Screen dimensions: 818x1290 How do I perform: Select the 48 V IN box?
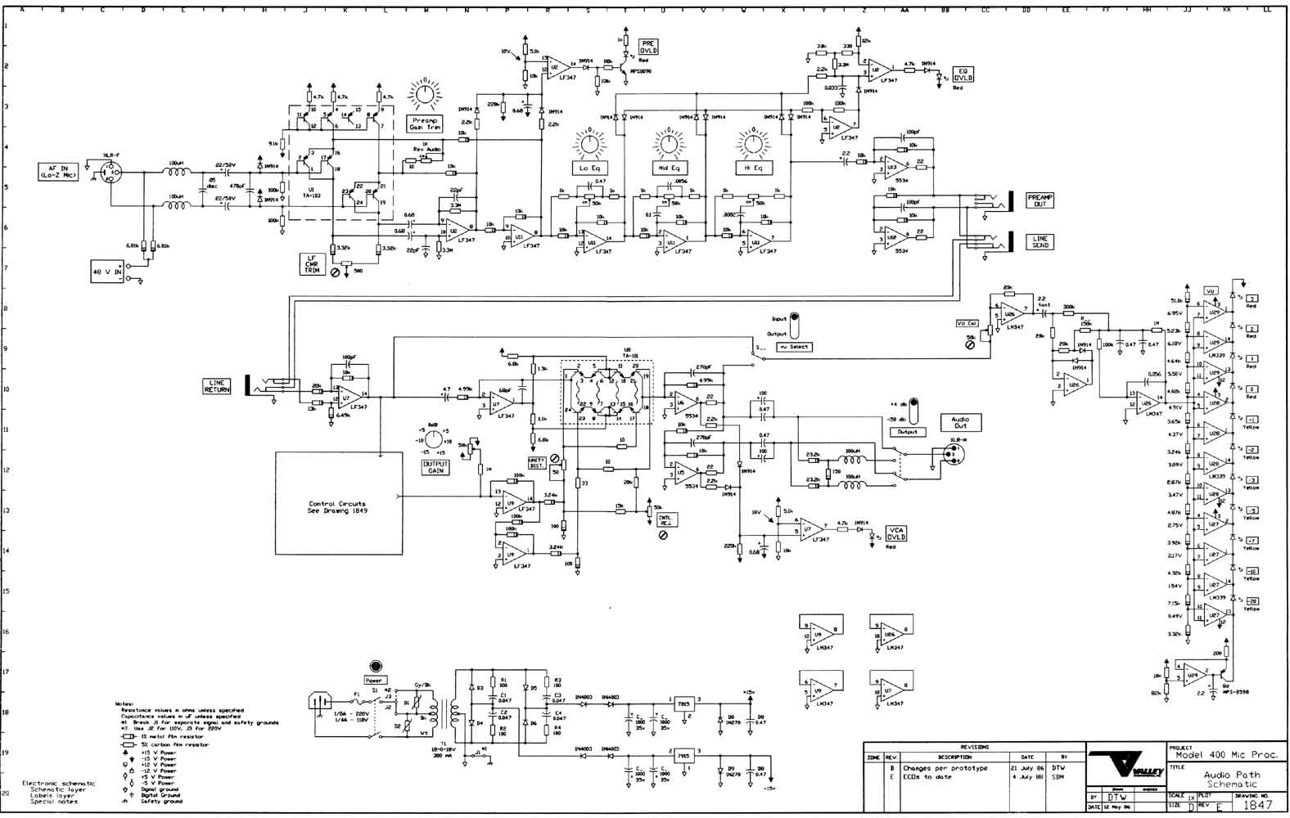106,271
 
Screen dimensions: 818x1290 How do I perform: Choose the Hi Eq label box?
752,168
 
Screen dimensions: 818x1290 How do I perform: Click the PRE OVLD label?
648,46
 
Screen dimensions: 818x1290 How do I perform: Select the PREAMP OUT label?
1040,200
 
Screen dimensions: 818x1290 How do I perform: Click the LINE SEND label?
1040,242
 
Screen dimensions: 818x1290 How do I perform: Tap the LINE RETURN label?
217,387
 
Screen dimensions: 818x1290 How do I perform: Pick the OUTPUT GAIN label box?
435,467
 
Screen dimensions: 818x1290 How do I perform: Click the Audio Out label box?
960,423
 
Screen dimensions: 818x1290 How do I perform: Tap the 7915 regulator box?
683,753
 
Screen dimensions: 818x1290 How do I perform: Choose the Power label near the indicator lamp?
375,680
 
